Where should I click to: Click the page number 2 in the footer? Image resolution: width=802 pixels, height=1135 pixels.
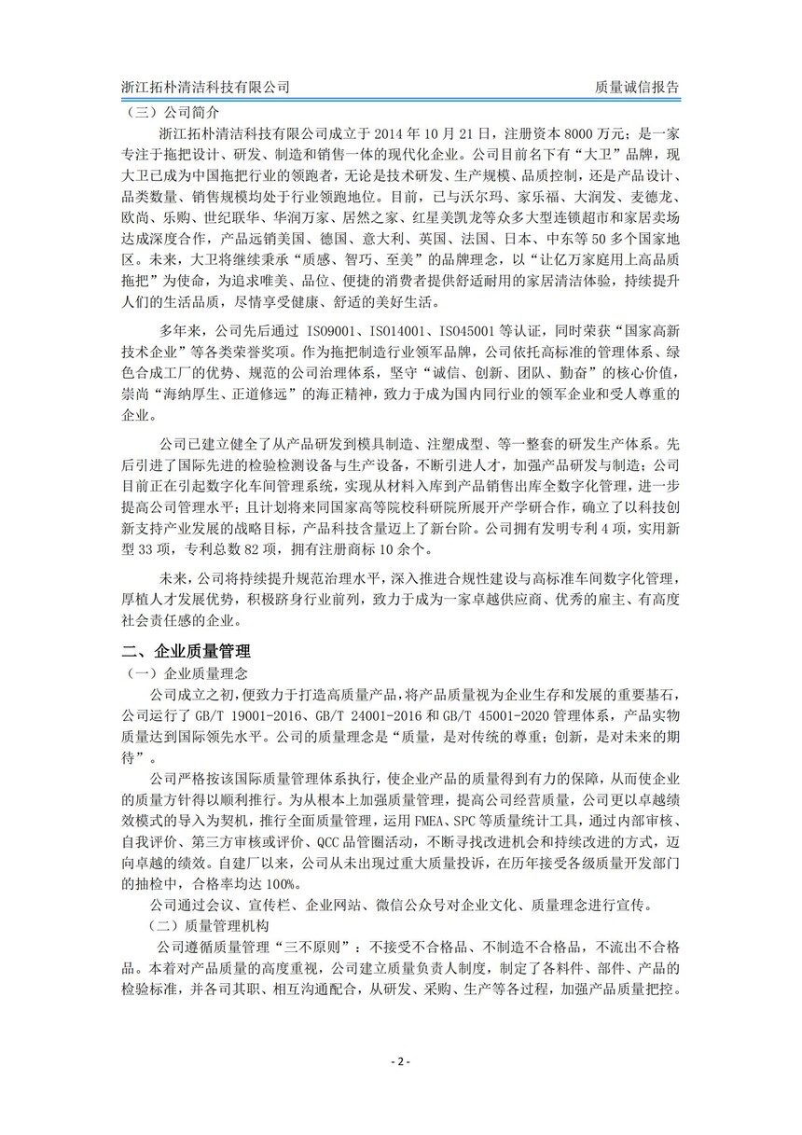pyautogui.click(x=400, y=1062)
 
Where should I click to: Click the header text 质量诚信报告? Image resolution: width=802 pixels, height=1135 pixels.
pyautogui.click(x=636, y=88)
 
